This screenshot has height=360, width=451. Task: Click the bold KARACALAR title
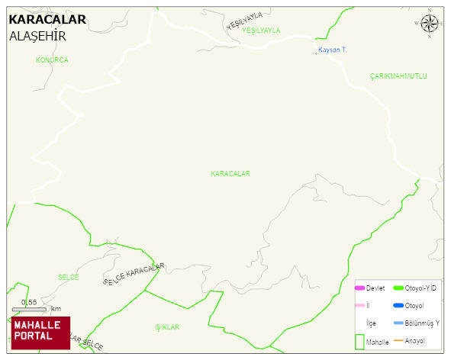(x=47, y=20)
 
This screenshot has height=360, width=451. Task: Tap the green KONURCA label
(x=52, y=59)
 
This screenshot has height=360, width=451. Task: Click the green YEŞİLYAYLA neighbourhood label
(x=261, y=31)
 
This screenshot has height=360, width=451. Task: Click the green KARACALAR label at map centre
(x=230, y=174)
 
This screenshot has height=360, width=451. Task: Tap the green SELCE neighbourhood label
(x=68, y=277)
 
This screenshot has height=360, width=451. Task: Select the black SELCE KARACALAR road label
(x=134, y=274)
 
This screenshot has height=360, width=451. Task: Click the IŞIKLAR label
(x=166, y=327)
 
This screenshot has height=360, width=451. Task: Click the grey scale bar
(x=30, y=309)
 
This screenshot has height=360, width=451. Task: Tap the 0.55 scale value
(x=29, y=302)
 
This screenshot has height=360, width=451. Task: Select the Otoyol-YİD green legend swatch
(x=398, y=288)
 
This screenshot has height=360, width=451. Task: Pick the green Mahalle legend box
(x=359, y=342)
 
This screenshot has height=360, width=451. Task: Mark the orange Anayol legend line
(x=398, y=340)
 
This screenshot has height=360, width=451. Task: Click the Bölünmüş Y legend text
(x=422, y=323)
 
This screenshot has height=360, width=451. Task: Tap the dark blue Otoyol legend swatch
(x=398, y=306)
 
